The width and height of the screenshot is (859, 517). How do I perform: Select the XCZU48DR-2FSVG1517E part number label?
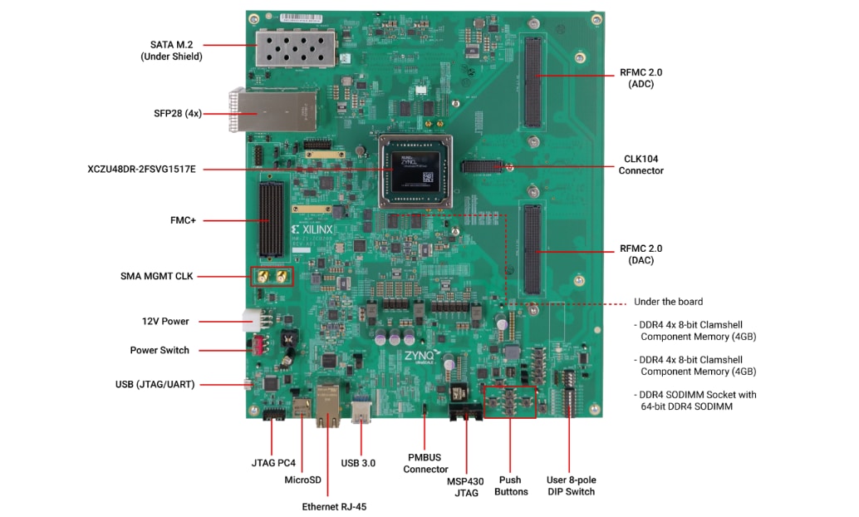141,170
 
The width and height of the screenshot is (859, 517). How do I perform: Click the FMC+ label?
182,220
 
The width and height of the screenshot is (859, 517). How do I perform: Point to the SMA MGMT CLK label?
156,276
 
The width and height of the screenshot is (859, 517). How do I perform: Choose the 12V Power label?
164,321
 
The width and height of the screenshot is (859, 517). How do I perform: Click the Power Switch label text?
160,350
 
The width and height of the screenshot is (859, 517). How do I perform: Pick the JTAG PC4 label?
273,461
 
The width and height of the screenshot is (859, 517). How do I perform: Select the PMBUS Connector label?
425,463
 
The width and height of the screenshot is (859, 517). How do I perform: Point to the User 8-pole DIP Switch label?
571,485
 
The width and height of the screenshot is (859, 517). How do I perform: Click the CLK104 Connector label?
641,165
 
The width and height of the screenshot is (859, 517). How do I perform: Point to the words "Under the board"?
668,302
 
